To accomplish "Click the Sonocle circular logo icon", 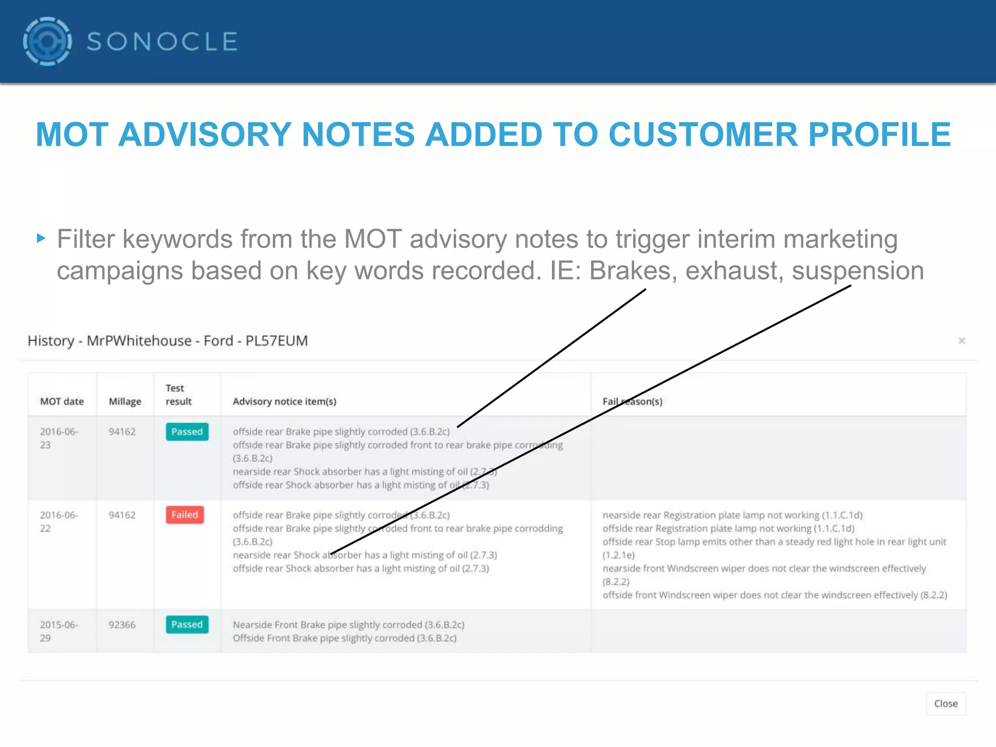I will (47, 41).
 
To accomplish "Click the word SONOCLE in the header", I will (162, 42).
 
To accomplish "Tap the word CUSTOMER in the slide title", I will (703, 135).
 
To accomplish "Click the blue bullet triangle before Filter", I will (41, 238).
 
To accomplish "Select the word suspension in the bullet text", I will (858, 271).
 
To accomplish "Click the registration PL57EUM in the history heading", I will (276, 340).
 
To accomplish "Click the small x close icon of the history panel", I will (961, 340).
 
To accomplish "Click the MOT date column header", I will (62, 401).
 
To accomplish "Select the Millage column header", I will (125, 401).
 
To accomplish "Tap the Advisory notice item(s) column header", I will (285, 401).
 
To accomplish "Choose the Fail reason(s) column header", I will (632, 401).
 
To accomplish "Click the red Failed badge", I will (185, 515).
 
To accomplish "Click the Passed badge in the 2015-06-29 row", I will (187, 624).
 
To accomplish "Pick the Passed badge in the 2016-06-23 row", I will (187, 431).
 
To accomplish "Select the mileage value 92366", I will (122, 624).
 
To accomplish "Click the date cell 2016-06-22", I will (59, 521).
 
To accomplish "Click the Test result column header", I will (178, 394).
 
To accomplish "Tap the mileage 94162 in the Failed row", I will (122, 515).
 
